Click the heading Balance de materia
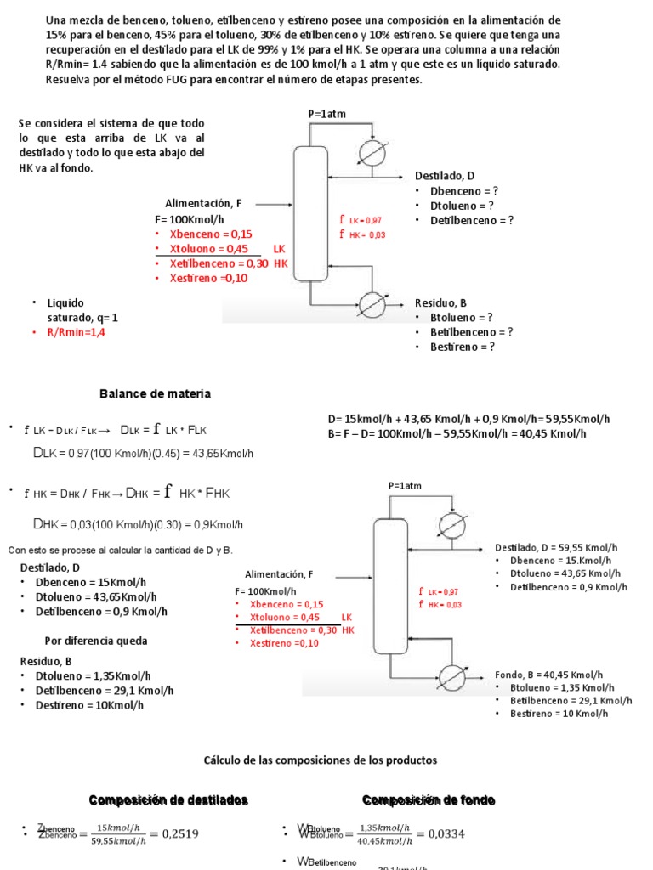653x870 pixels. [155, 394]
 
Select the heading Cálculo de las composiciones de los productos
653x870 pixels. [320, 760]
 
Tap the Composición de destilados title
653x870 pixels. [168, 800]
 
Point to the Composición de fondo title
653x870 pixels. [429, 800]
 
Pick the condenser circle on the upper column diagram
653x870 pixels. [371, 151]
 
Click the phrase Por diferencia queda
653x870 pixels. [96, 641]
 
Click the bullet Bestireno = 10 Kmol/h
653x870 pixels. [559, 714]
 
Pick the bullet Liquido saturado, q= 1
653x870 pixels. [82, 310]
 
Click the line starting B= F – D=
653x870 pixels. [457, 433]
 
